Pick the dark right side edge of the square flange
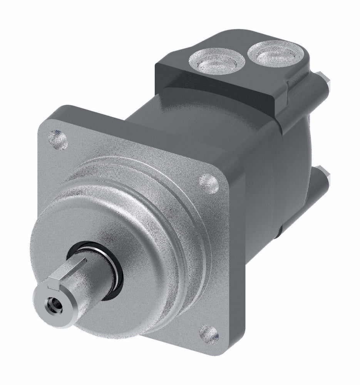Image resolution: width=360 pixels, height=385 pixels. click(235, 262)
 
